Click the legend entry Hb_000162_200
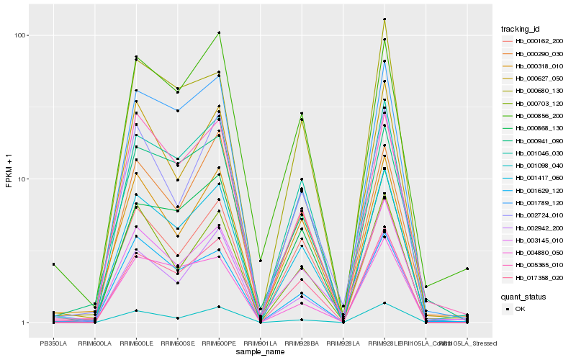(x=539, y=41)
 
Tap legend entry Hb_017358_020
(x=539, y=277)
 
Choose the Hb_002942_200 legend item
(x=539, y=228)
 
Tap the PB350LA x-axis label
(x=53, y=344)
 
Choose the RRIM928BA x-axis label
(x=301, y=344)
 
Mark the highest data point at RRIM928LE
(x=384, y=19)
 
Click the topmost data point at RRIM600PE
(x=218, y=32)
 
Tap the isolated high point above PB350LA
(x=53, y=264)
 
